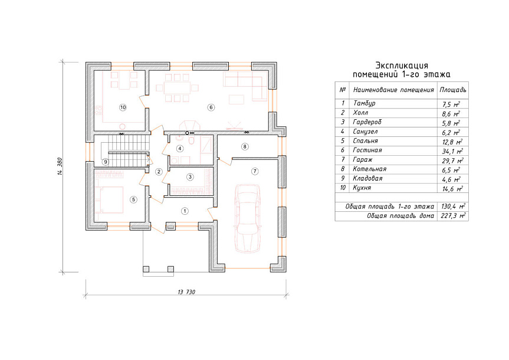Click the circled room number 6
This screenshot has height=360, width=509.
pyautogui.click(x=211, y=107)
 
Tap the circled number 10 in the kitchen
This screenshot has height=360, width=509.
pyautogui.click(x=123, y=107)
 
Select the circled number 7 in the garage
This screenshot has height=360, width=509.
pyautogui.click(x=255, y=171)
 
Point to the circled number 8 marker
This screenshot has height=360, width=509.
pyautogui.click(x=245, y=146)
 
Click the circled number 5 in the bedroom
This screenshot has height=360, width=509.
pyautogui.click(x=133, y=199)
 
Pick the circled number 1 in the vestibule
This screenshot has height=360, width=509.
pyautogui.click(x=185, y=211)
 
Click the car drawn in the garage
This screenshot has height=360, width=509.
pyautogui.click(x=248, y=218)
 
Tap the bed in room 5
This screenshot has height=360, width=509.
pyautogui.click(x=109, y=199)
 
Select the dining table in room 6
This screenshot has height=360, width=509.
pyautogui.click(x=178, y=88)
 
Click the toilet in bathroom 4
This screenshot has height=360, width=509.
pyautogui.click(x=192, y=140)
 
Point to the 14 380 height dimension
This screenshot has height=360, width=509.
pyautogui.click(x=60, y=167)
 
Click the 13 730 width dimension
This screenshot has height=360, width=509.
pyautogui.click(x=186, y=292)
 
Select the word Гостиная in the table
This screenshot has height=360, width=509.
pyautogui.click(x=367, y=150)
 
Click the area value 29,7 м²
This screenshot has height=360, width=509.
pyautogui.click(x=452, y=161)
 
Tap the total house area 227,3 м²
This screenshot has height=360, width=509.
pyautogui.click(x=453, y=216)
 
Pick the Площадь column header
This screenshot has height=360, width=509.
pyautogui.click(x=453, y=90)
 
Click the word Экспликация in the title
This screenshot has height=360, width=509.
pyautogui.click(x=402, y=66)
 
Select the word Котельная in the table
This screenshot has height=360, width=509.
pyautogui.click(x=369, y=169)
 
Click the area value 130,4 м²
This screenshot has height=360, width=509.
pyautogui.click(x=453, y=207)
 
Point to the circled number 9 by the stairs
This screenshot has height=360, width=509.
pyautogui.click(x=105, y=162)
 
